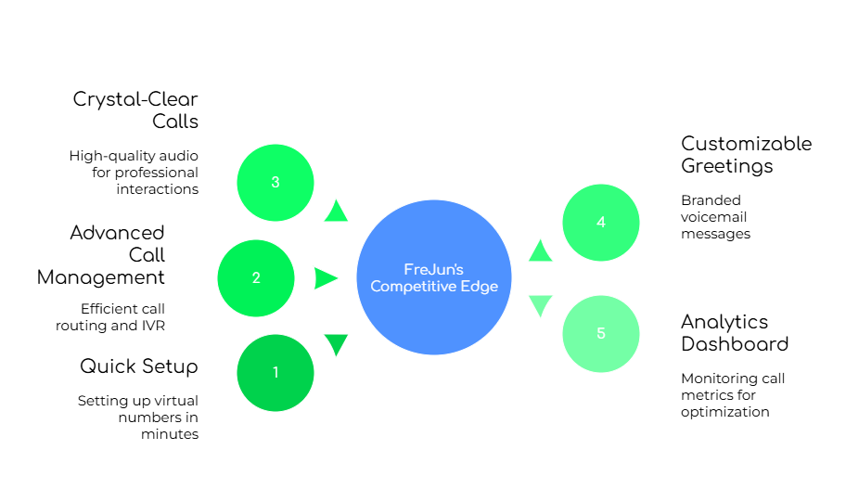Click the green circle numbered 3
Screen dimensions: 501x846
[x=276, y=183]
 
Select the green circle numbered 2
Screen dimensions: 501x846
[x=256, y=278]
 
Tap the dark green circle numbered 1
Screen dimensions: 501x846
[x=276, y=373]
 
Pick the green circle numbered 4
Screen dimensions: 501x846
[x=601, y=223]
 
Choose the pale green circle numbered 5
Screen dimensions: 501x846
[x=601, y=334]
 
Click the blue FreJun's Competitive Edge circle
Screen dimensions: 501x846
[x=434, y=278]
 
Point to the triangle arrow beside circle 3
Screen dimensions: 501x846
[x=336, y=212]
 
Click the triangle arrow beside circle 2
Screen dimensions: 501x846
[x=325, y=278]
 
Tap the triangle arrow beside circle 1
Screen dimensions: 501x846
[x=336, y=344]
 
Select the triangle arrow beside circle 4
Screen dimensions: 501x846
[x=540, y=250]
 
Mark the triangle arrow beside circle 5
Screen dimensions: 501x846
[x=540, y=305]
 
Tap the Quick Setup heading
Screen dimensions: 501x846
[x=140, y=366]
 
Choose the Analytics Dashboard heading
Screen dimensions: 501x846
[x=738, y=332]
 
